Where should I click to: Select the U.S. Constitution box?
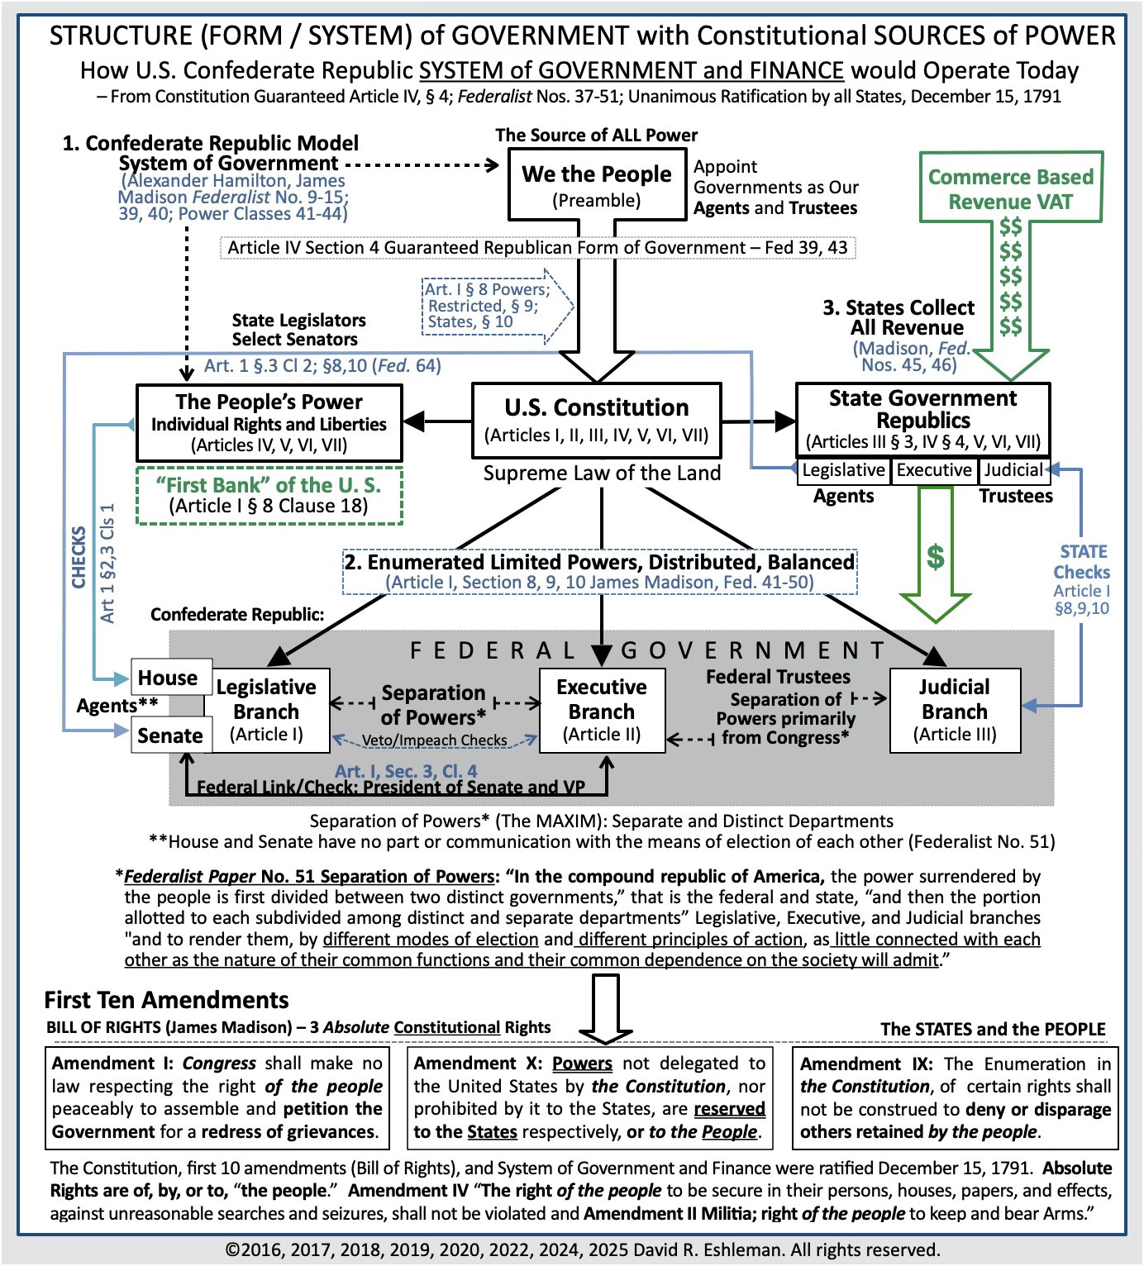(596, 420)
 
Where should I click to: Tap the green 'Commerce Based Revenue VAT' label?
(1010, 188)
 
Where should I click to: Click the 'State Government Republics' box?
(922, 420)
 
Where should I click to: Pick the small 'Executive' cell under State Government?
(934, 470)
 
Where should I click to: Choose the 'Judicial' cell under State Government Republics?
(1013, 470)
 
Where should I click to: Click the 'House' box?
(168, 678)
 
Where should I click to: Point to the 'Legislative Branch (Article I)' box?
(266, 710)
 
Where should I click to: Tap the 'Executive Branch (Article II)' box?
(602, 710)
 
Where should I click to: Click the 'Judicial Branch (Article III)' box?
(954, 710)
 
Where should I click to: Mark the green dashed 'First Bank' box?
(269, 495)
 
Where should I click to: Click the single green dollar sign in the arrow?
(935, 558)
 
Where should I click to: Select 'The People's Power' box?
(269, 422)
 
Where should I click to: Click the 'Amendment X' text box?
(589, 1097)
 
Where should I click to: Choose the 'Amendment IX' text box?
(955, 1097)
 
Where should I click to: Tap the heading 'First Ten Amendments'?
(166, 1000)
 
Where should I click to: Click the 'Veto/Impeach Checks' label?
(434, 740)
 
